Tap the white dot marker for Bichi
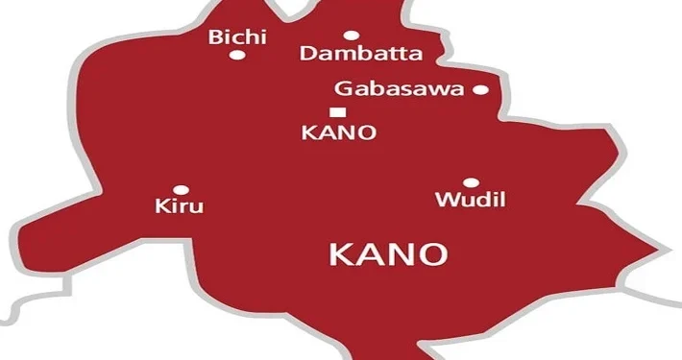236,56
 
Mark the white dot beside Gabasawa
480,90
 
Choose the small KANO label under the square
337,133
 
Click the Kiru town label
180,206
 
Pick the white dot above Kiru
180,190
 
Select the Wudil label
471,201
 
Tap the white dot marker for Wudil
471,182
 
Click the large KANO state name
387,254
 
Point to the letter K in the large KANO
340,254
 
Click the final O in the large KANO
433,254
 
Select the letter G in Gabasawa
342,89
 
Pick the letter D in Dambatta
307,54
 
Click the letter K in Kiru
161,206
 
